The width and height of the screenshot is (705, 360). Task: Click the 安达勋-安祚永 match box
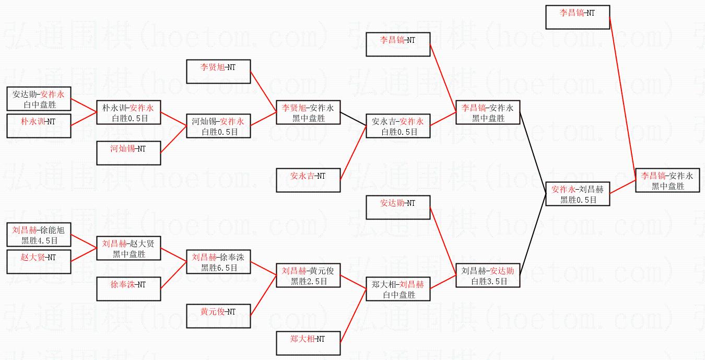coord(39,99)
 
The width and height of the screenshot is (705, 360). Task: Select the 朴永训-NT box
coord(39,125)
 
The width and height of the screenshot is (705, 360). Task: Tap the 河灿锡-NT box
coord(128,153)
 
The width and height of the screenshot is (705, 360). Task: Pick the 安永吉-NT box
coord(308,180)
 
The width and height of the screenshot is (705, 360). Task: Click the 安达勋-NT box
coord(398,207)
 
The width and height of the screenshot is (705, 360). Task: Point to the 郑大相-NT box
coord(308,343)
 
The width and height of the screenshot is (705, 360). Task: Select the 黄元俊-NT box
coord(218,316)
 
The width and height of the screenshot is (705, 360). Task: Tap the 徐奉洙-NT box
coord(128,288)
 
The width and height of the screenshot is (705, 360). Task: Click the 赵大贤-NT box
coord(39,261)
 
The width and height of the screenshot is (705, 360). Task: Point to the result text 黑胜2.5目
coord(309,281)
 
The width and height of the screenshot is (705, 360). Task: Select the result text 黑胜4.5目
coord(39,240)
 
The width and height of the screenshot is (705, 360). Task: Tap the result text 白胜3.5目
coord(488,281)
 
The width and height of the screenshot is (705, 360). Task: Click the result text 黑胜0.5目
coord(578,200)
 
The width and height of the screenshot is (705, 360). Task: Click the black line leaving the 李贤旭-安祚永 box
coord(353,119)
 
